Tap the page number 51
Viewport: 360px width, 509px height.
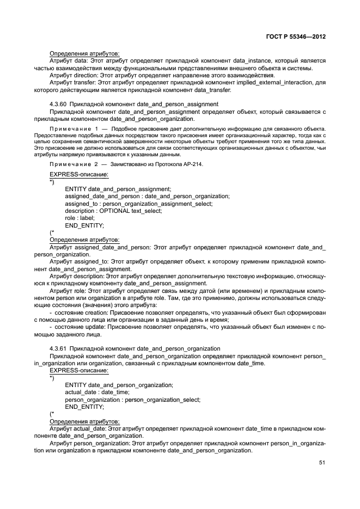322,463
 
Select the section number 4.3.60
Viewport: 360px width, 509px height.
58,103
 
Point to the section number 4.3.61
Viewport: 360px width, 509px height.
58,348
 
